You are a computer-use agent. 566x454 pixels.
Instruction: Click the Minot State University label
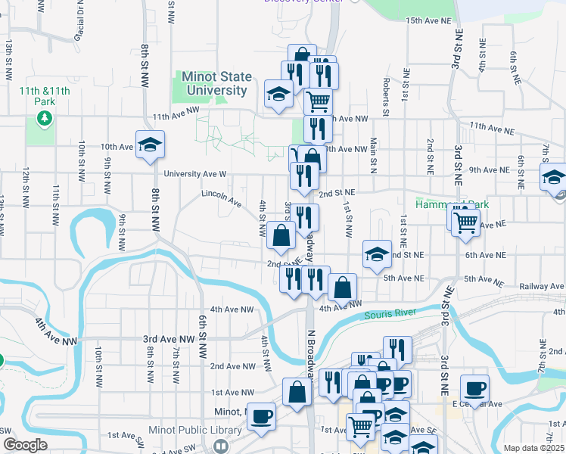tap(214, 84)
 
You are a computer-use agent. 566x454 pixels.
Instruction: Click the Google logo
tap(25, 445)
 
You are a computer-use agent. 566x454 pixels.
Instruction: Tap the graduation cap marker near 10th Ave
tap(151, 145)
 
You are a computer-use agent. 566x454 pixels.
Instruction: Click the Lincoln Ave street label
tap(221, 198)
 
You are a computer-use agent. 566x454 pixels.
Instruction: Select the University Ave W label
tap(195, 173)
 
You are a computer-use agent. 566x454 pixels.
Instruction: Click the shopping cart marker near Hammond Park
tap(465, 222)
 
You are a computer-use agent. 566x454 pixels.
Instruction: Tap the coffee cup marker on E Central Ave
tap(474, 389)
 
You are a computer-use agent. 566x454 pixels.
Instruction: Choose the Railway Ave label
tap(543, 287)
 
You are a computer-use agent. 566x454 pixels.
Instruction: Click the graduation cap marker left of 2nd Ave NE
tap(377, 254)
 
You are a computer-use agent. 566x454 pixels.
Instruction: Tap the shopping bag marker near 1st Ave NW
tap(297, 391)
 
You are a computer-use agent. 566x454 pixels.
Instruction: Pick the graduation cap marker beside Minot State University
tap(278, 94)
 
